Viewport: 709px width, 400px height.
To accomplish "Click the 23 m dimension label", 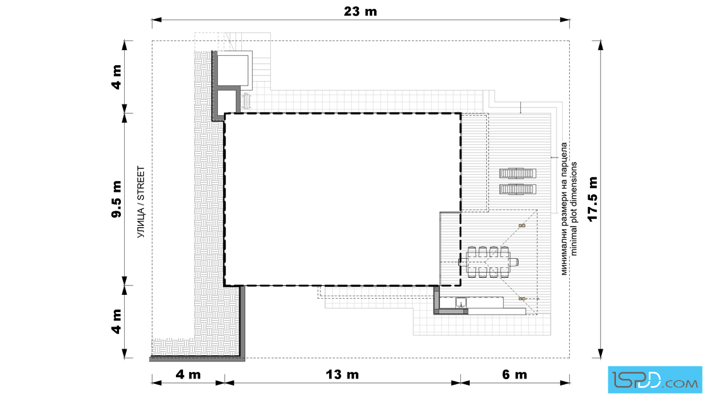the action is click(360, 11).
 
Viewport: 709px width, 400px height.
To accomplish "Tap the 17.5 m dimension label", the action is click(593, 199).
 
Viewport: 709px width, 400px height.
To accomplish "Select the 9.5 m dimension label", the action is click(116, 199).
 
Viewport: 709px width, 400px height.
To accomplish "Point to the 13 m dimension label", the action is click(342, 374).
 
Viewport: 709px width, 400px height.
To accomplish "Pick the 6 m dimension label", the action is click(515, 374).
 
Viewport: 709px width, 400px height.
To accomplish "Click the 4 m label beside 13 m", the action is click(188, 374).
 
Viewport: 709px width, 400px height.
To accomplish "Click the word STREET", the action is click(141, 184).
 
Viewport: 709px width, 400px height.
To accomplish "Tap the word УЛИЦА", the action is click(141, 223).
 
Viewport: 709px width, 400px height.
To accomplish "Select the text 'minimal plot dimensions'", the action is click(574, 209).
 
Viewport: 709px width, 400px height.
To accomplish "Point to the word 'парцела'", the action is click(564, 158).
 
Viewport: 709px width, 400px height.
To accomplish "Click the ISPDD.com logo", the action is click(655, 380).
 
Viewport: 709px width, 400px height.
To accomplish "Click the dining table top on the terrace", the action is click(488, 261).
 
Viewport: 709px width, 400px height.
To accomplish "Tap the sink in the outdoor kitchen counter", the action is click(461, 303).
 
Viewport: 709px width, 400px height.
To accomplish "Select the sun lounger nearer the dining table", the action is click(518, 189).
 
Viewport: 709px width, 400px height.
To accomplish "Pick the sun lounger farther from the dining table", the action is click(518, 173).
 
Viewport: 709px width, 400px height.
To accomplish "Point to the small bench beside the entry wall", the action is click(246, 101).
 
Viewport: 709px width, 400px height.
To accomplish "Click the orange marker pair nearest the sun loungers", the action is click(522, 225).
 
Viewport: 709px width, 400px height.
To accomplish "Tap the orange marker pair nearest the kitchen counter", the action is click(522, 298).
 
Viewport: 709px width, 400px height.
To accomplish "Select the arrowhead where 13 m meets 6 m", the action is click(456, 383).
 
